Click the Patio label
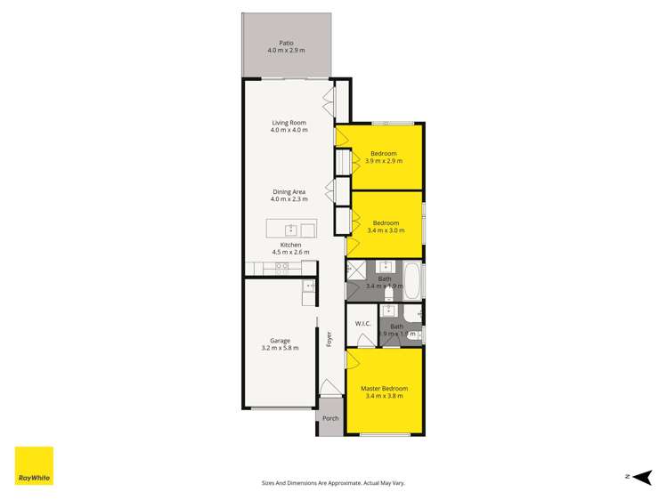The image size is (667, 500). tap(286, 42)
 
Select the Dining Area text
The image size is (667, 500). tap(289, 191)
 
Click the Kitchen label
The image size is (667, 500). tap(290, 245)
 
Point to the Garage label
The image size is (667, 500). tap(280, 340)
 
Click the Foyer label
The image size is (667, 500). tap(329, 339)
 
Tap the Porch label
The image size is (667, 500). tap(330, 418)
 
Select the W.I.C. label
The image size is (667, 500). tap(362, 323)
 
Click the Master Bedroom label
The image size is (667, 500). tap(384, 389)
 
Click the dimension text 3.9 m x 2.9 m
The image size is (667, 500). tap(384, 161)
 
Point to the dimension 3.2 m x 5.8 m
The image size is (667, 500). tap(280, 347)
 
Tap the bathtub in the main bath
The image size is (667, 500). tap(412, 280)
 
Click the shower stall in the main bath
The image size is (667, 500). tap(357, 270)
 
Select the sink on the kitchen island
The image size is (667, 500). tap(289, 230)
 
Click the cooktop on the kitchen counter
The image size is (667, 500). tap(281, 266)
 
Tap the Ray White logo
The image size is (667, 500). tap(34, 465)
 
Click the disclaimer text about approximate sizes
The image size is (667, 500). tap(333, 483)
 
